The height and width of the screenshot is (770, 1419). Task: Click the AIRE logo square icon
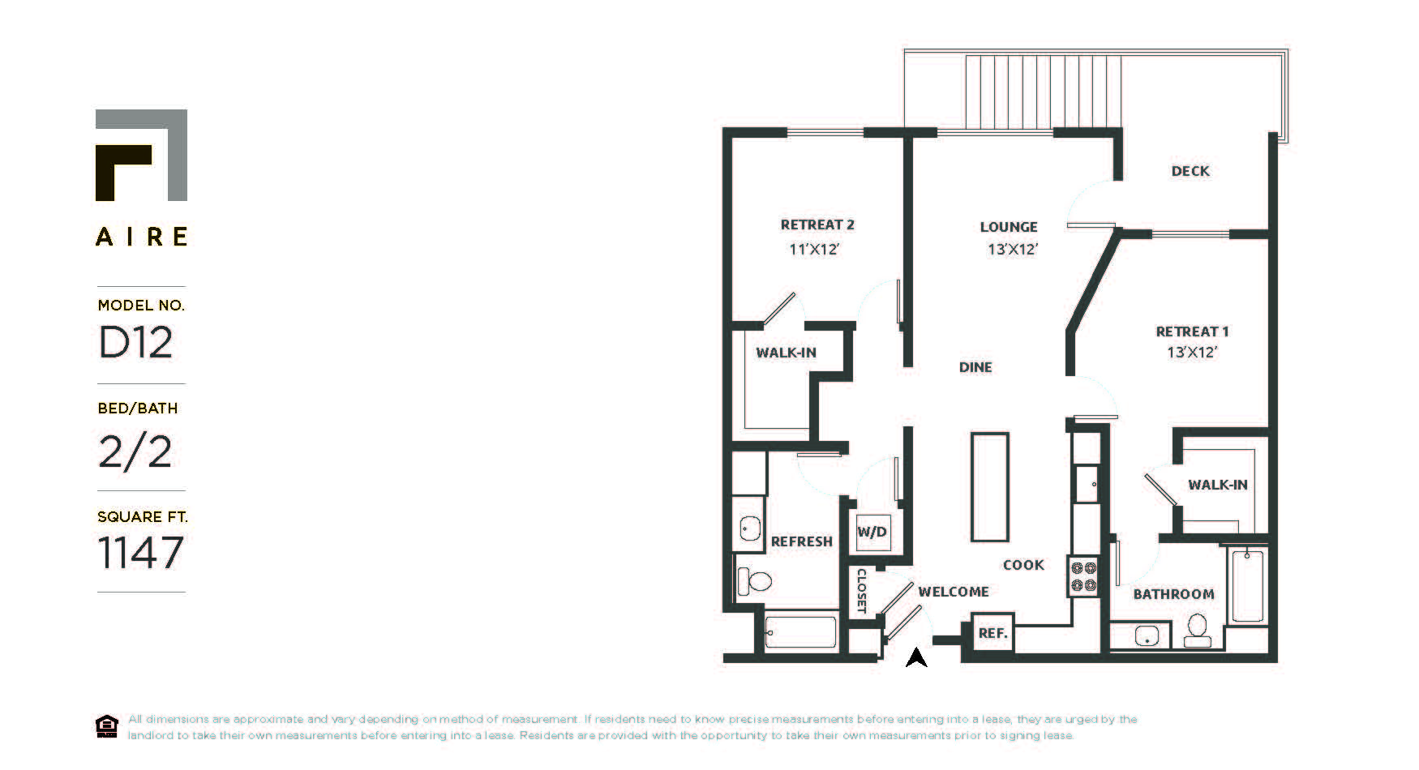tap(141, 155)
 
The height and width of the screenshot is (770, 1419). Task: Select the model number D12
tap(135, 343)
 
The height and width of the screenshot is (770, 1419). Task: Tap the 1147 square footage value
tap(141, 553)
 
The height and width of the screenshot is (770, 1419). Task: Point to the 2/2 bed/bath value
tap(135, 451)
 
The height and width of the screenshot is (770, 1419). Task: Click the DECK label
tap(1190, 171)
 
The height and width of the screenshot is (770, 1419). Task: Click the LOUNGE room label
tap(1009, 227)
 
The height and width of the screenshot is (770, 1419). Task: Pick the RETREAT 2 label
tap(817, 225)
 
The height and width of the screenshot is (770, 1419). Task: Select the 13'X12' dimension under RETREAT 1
tap(1192, 353)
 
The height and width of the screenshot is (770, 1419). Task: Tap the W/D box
tap(872, 533)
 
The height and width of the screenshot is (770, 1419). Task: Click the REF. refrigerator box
tap(992, 633)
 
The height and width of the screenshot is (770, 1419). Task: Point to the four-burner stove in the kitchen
tap(1084, 576)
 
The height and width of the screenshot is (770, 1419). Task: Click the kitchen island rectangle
tap(990, 486)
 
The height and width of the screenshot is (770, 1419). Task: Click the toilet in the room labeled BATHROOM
tap(1198, 629)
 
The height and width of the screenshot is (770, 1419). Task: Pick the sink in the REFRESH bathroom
tap(749, 529)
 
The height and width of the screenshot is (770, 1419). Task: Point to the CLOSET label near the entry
tap(862, 590)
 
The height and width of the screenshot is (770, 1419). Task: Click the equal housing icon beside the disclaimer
tap(106, 727)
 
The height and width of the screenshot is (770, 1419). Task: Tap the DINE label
tap(975, 367)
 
